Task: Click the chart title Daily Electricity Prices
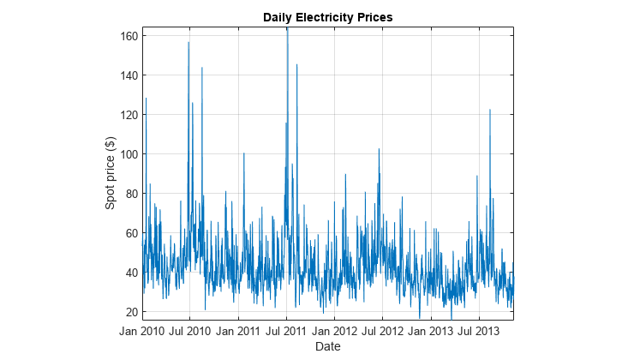(328, 17)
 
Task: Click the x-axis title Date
(328, 346)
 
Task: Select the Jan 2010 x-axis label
(141, 331)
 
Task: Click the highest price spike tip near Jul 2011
(287, 28)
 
